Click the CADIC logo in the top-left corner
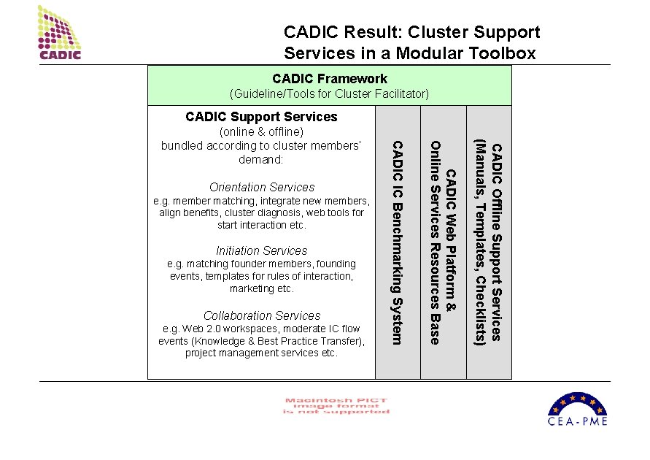(59, 32)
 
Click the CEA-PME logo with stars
(577, 408)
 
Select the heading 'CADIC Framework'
(330, 79)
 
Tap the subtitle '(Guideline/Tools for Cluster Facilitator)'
(329, 94)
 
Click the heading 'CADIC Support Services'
(261, 117)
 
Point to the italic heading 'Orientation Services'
(262, 188)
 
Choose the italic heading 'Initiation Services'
(262, 251)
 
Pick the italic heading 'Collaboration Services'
(262, 316)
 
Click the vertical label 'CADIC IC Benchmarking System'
(398, 242)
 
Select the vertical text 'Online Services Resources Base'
(436, 242)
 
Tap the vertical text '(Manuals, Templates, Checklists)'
(481, 242)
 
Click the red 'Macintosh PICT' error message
(336, 406)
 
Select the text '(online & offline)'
(261, 132)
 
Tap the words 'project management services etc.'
(261, 353)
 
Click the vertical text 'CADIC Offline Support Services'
(497, 242)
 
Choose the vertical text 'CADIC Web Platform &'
(451, 242)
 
